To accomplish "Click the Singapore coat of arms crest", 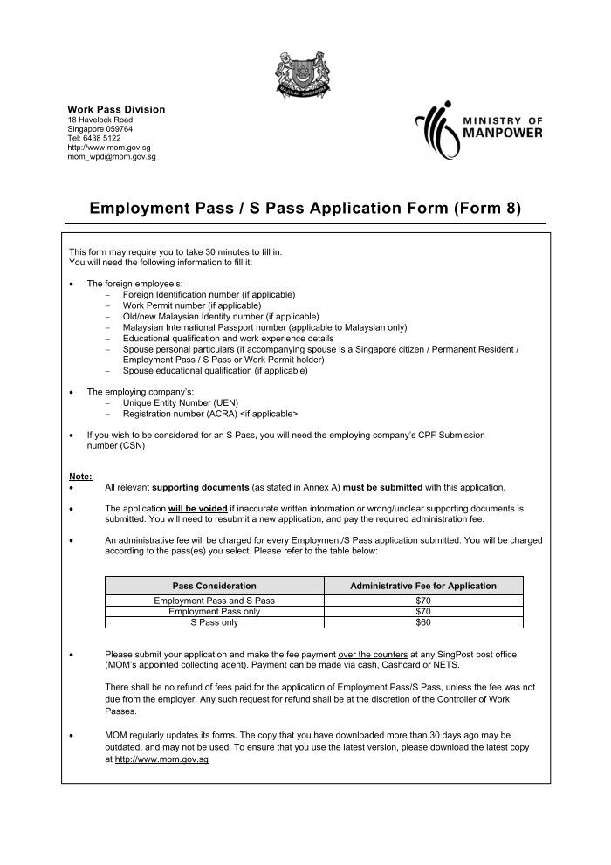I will point(305,73).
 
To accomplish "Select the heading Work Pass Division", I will point(116,109).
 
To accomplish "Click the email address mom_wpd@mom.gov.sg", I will point(112,157).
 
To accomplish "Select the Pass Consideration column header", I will point(214,586).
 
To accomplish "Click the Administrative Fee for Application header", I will point(422,586).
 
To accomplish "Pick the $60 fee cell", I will point(422,622).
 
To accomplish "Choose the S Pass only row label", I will point(214,622).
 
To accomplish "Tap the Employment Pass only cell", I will point(214,612).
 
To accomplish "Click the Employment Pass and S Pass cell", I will point(214,601).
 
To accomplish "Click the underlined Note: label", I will point(80,476).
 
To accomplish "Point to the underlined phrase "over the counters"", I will point(374,654).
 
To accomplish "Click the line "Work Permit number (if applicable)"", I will point(192,305).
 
